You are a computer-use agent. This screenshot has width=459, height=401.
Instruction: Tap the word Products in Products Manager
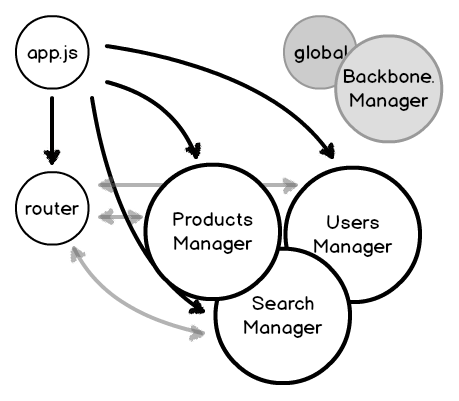pos(213,220)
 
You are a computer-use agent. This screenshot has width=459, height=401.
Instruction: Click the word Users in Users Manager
pos(353,222)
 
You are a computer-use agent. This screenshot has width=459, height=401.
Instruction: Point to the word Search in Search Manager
pos(283,304)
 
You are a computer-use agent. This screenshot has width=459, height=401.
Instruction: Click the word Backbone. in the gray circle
pos(389,77)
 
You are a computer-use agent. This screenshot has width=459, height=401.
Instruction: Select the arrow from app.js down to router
pos(52,130)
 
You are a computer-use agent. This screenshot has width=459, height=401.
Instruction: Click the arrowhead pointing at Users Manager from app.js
pos(328,151)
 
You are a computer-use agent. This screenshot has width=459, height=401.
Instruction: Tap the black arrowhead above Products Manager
pos(194,151)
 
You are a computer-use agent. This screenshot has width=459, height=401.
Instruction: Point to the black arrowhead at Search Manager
pos(197,307)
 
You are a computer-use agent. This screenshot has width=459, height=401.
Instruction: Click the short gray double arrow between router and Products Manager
pos(121,217)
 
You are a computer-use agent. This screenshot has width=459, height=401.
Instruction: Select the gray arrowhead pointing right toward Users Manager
pos(289,185)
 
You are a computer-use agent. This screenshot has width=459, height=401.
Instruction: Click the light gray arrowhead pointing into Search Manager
pos(197,332)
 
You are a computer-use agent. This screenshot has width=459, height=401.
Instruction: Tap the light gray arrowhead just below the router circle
pos(77,255)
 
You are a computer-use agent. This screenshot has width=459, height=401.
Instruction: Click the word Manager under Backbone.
pos(389,101)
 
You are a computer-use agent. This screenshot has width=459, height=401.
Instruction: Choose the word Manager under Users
pos(353,247)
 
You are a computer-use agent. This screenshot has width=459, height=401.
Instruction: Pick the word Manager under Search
pos(283,328)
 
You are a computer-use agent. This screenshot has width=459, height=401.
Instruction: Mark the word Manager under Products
pos(213,244)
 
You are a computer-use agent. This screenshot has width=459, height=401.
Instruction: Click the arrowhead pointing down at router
pos(52,157)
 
